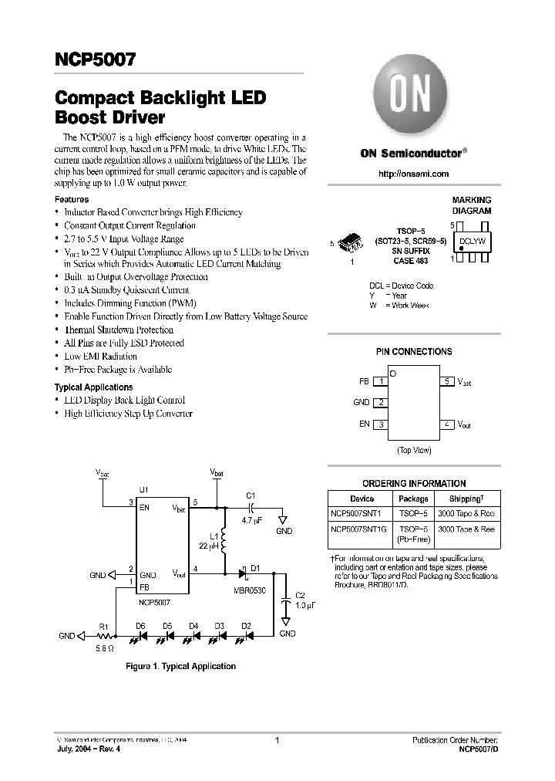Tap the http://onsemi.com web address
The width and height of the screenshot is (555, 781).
click(x=414, y=174)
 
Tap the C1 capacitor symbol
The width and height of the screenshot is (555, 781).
click(x=251, y=508)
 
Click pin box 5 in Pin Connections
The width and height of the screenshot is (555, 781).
click(x=448, y=381)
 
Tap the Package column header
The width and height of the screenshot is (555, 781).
click(x=413, y=499)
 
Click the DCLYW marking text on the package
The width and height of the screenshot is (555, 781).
click(x=472, y=242)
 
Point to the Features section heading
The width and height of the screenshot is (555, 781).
click(x=72, y=199)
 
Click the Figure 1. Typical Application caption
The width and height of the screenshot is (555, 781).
click(x=181, y=666)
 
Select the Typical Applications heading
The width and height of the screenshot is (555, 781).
click(x=93, y=387)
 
